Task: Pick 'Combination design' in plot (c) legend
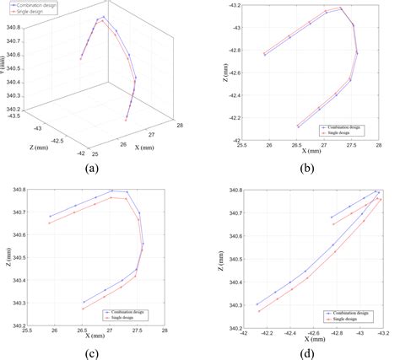click(x=135, y=311)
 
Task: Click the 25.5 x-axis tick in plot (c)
click(x=27, y=332)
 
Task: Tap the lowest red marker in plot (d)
click(x=259, y=311)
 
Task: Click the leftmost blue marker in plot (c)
click(x=50, y=217)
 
